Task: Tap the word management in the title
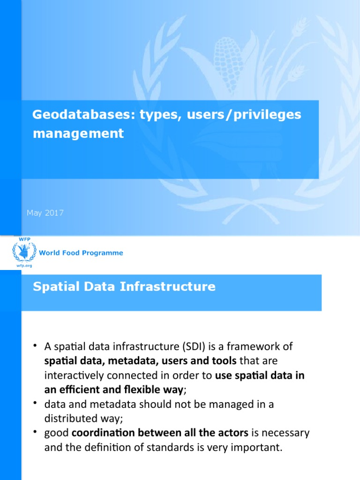point(78,134)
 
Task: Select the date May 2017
point(45,213)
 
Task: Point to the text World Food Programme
point(81,253)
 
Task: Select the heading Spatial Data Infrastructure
point(124,286)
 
